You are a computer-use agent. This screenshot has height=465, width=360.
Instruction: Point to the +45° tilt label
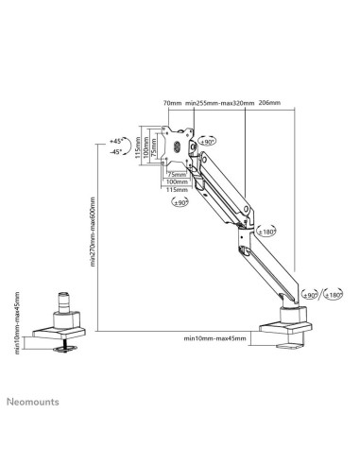(x=117, y=140)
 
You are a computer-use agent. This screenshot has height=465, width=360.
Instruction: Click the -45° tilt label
(x=117, y=151)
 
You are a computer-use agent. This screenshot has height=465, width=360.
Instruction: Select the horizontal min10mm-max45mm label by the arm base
(x=215, y=336)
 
